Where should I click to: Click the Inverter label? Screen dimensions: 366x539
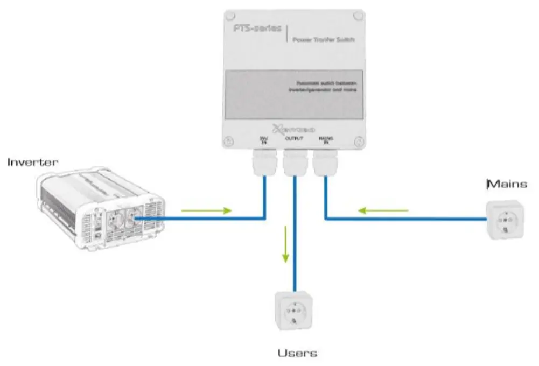click(33, 162)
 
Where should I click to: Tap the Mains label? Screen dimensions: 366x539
click(507, 185)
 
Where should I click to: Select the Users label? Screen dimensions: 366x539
click(297, 354)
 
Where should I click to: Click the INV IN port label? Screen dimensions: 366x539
click(264, 140)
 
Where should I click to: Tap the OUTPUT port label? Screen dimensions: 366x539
click(294, 138)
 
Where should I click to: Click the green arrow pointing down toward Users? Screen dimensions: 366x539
click(285, 245)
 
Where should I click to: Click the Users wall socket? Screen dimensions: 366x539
click(294, 311)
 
